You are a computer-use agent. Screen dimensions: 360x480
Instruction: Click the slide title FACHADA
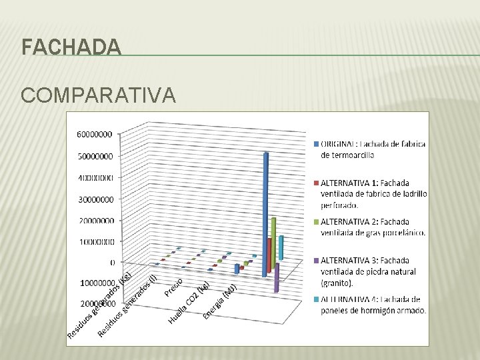pyautogui.click(x=71, y=48)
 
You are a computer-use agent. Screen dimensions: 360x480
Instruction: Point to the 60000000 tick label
pyautogui.click(x=95, y=134)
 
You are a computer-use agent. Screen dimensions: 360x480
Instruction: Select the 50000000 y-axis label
pyautogui.click(x=95, y=156)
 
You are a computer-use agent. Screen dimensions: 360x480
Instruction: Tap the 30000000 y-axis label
pyautogui.click(x=95, y=199)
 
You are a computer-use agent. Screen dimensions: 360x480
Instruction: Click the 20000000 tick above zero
pyautogui.click(x=95, y=220)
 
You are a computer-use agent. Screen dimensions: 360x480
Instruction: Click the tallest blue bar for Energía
pyautogui.click(x=265, y=213)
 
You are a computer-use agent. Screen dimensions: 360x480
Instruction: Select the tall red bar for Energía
pyautogui.click(x=269, y=254)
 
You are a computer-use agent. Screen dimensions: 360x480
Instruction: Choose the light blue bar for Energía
pyautogui.click(x=281, y=247)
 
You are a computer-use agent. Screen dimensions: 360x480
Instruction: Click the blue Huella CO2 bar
pyautogui.click(x=236, y=268)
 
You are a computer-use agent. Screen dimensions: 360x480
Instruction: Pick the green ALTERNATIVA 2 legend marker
pyautogui.click(x=315, y=221)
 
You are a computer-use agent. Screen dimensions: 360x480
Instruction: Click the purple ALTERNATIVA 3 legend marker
pyautogui.click(x=315, y=260)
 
